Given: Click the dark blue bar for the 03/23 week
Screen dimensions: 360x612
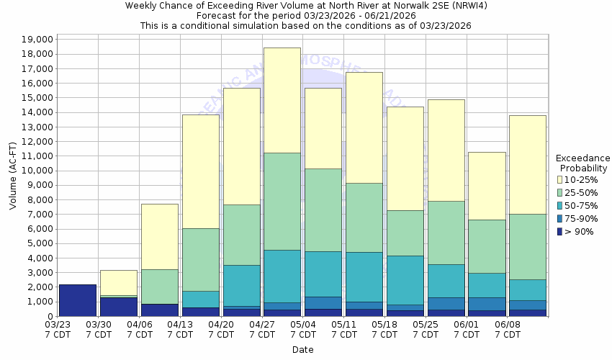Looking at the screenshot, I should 78,300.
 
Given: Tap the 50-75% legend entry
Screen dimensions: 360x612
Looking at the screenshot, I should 582,205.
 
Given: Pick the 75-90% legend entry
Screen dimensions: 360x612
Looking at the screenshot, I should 582,218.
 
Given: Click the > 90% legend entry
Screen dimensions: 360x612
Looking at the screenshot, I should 580,231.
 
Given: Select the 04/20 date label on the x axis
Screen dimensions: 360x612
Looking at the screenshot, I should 221,329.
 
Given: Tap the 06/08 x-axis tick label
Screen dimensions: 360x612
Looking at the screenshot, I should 508,329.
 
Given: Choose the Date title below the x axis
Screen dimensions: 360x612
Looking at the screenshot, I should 302,350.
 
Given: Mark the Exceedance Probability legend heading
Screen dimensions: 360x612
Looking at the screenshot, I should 582,163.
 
